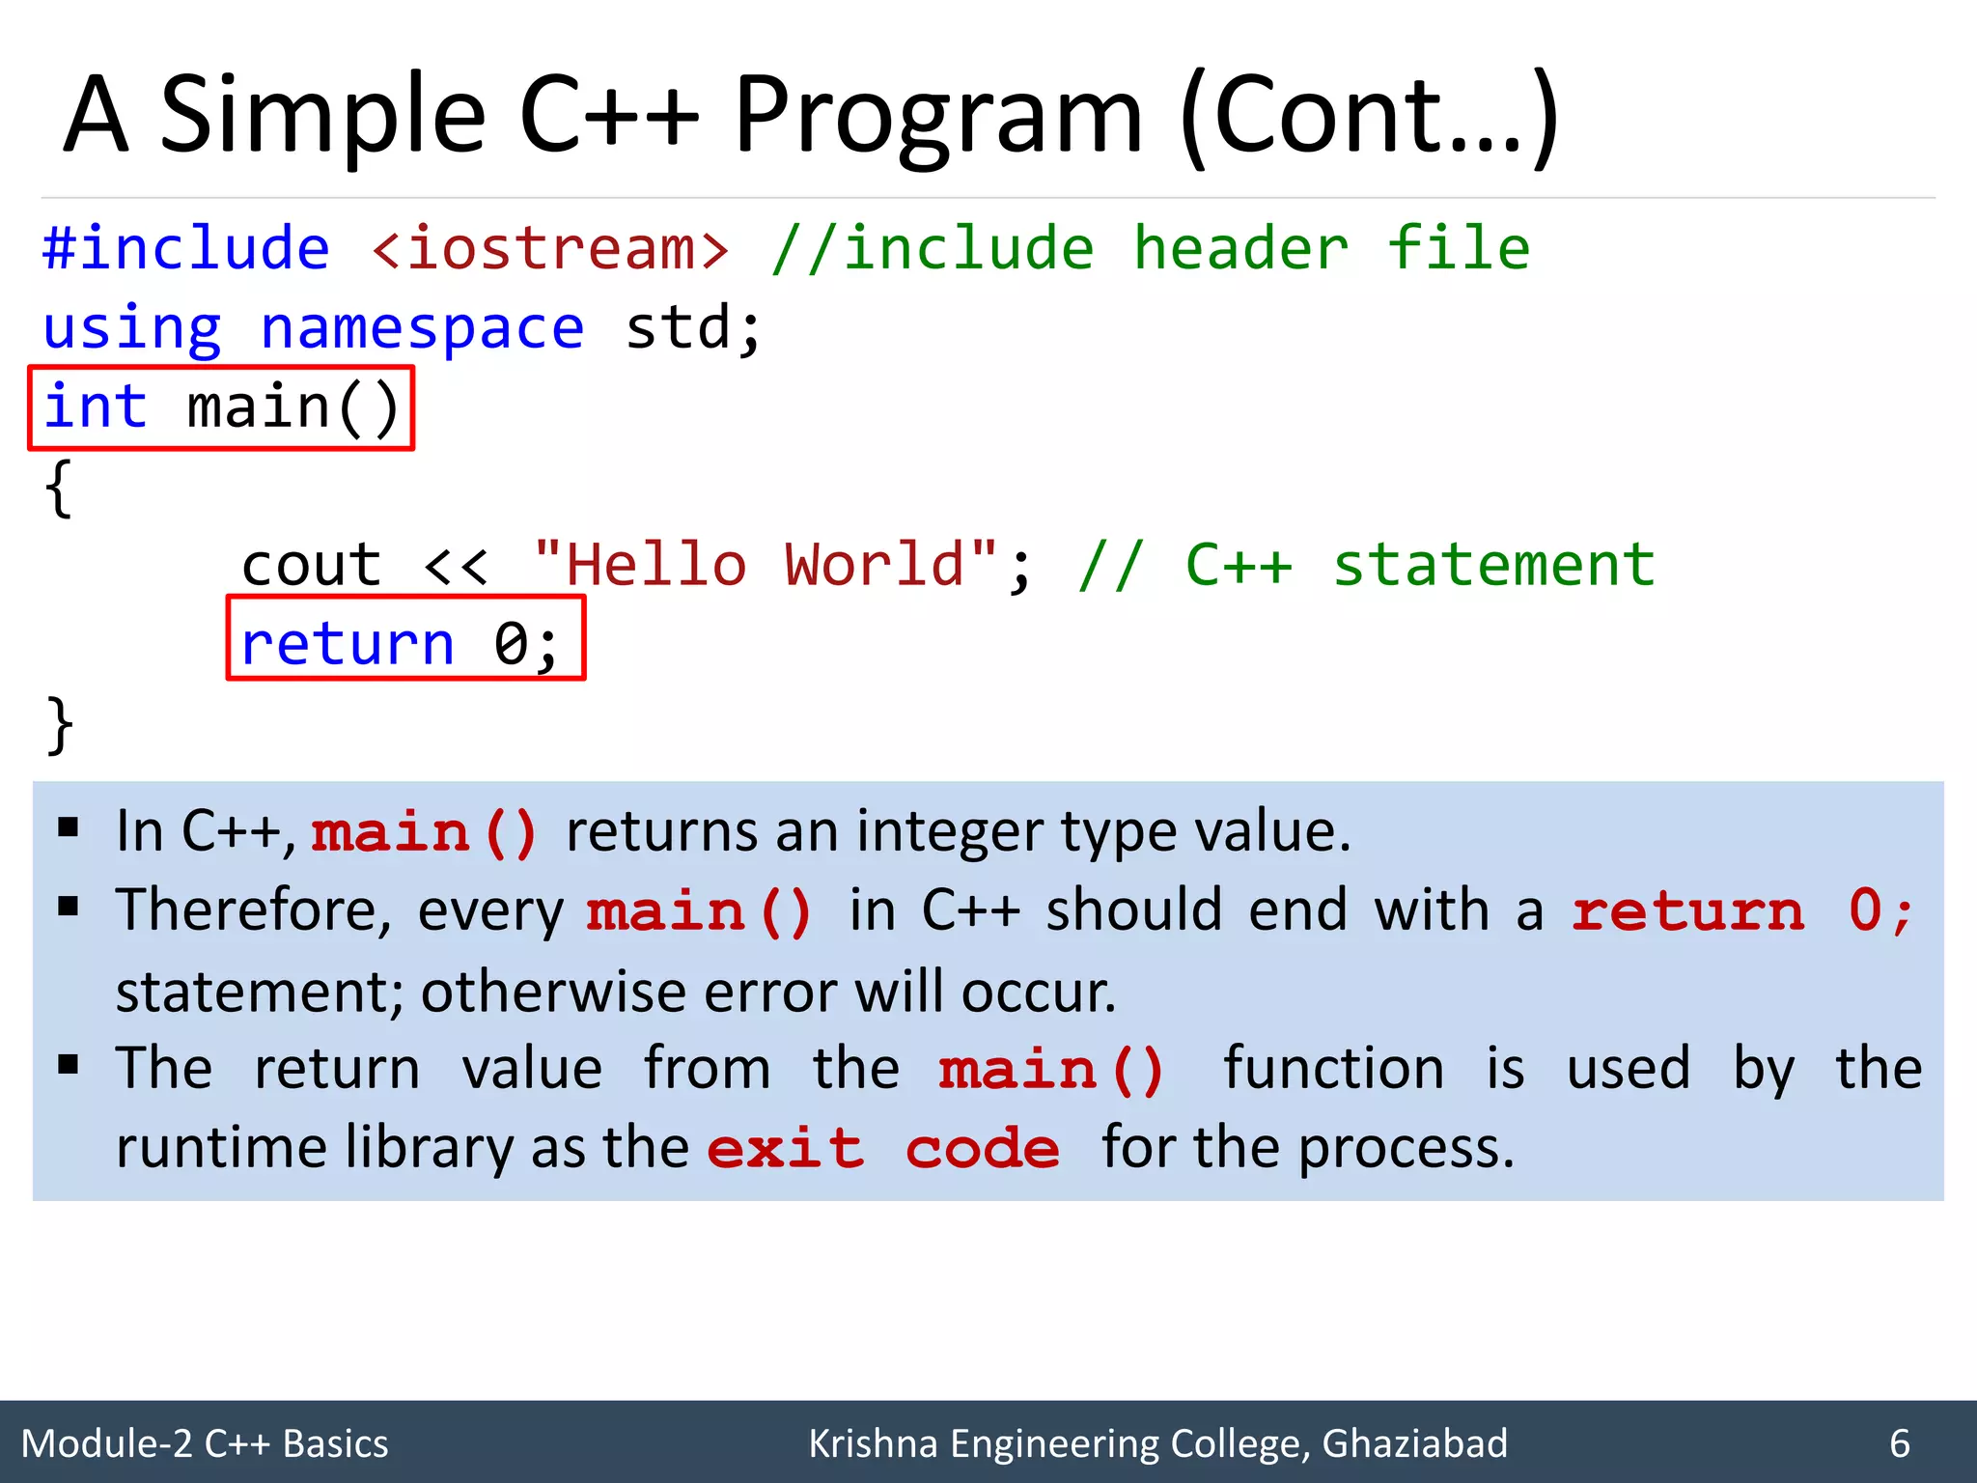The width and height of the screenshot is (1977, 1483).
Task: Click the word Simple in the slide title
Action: pyautogui.click(x=322, y=116)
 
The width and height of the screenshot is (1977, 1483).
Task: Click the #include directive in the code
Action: pyautogui.click(x=186, y=248)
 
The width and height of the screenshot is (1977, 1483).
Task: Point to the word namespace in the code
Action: pyautogui.click(x=423, y=328)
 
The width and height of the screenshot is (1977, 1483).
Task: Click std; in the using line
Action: pyautogui.click(x=694, y=328)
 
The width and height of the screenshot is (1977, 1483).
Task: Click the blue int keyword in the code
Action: pyautogui.click(x=96, y=406)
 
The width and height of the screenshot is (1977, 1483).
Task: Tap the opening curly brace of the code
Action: pyautogui.click(x=59, y=488)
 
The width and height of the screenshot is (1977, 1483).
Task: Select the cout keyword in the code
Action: pyautogui.click(x=312, y=565)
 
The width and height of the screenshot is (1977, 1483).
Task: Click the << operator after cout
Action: pyautogui.click(x=457, y=565)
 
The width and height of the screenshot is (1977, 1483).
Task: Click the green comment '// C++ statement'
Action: pyautogui.click(x=1367, y=565)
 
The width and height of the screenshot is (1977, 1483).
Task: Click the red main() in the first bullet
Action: pyautogui.click(x=424, y=832)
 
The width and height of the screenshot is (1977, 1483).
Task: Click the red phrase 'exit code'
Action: pyautogui.click(x=883, y=1149)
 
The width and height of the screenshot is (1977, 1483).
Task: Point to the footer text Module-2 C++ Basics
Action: pyautogui.click(x=205, y=1443)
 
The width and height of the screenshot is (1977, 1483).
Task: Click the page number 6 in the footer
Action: pyautogui.click(x=1900, y=1443)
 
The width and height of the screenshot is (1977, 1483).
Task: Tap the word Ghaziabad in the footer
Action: pyautogui.click(x=1414, y=1443)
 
